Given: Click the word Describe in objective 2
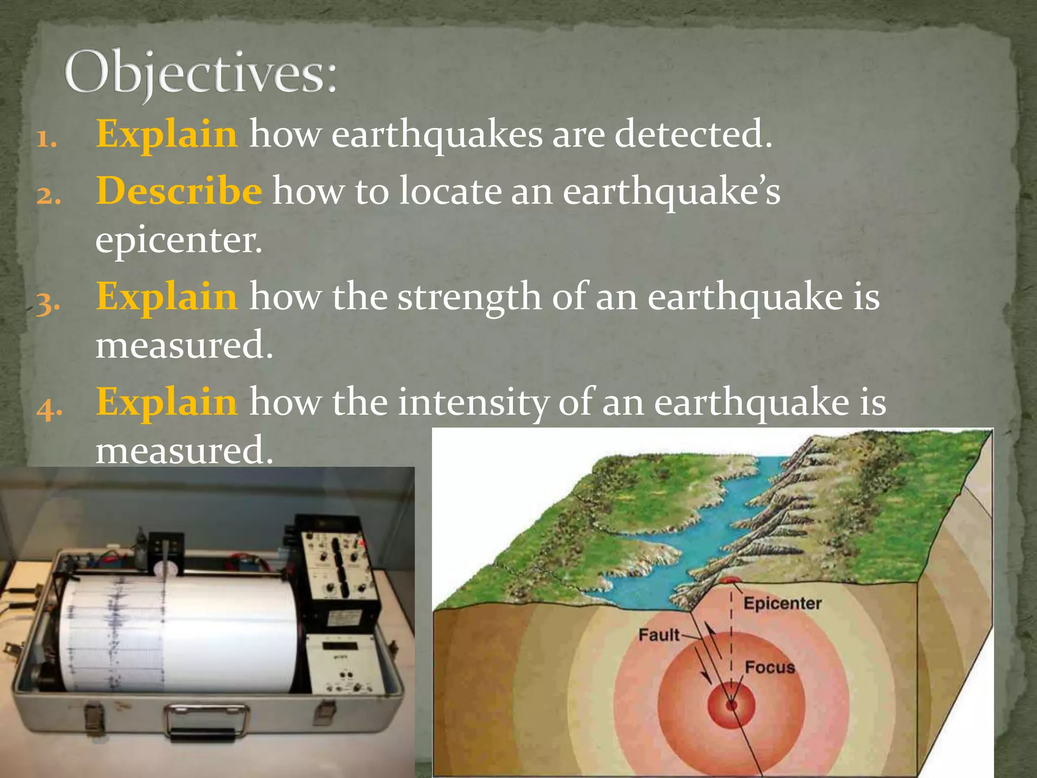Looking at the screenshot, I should point(179,191).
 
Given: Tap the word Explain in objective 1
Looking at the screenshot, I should point(167,134).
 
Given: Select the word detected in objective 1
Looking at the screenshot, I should point(693,134).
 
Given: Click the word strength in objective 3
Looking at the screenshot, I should point(469,297).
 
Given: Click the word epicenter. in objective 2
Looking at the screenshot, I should point(179,240).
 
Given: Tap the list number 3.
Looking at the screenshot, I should point(49,304).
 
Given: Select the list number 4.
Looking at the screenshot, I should point(50,409).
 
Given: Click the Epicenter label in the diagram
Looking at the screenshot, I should point(782,603).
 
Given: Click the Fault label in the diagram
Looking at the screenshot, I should point(658,635).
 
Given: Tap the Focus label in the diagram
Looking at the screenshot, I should point(770,668).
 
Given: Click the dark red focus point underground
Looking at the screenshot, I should point(731,705).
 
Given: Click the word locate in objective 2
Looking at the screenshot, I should point(450,191).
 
